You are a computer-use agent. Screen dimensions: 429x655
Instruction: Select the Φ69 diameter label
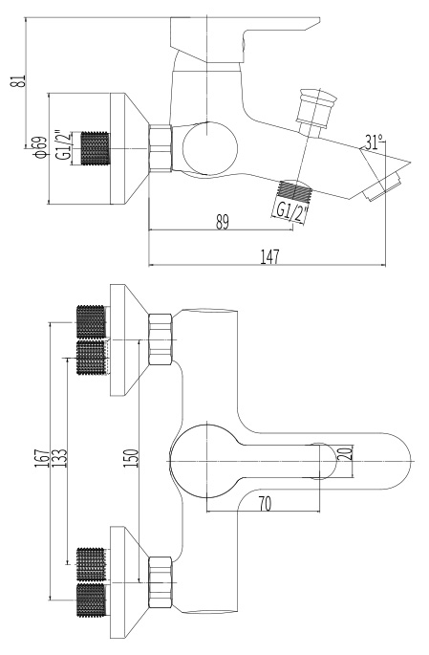[x=40, y=147]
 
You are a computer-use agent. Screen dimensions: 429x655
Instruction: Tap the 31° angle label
[x=374, y=142]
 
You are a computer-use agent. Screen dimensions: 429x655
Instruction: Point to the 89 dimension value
[x=223, y=222]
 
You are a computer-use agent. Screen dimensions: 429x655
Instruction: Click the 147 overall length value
[x=269, y=256]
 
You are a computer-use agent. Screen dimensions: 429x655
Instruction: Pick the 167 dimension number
[x=42, y=458]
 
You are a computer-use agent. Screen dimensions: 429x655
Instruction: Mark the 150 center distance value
[x=131, y=458]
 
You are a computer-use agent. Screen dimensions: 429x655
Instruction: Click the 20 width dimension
[x=345, y=453]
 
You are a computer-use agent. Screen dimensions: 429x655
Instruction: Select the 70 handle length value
[x=265, y=504]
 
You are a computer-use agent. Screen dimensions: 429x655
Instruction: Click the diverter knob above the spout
[x=315, y=109]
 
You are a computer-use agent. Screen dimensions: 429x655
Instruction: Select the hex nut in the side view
[x=161, y=147]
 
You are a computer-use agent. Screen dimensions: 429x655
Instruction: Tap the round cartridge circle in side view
[x=210, y=149]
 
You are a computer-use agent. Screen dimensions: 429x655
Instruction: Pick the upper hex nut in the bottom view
[x=161, y=339]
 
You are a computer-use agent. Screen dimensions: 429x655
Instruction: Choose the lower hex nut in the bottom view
[x=161, y=582]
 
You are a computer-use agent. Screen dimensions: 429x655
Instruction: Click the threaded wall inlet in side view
[x=95, y=148]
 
